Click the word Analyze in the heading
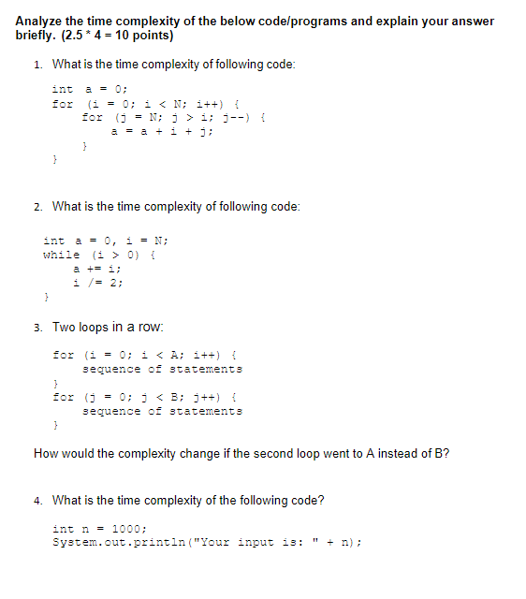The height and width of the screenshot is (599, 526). click(x=41, y=21)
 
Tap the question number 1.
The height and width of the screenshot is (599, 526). click(x=37, y=65)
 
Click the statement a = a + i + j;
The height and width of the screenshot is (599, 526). click(x=162, y=131)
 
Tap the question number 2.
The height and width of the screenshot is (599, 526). click(x=37, y=206)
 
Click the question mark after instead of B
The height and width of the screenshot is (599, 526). click(x=446, y=454)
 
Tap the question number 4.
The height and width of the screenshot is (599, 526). click(x=37, y=500)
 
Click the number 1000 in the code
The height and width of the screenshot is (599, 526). click(x=126, y=528)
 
